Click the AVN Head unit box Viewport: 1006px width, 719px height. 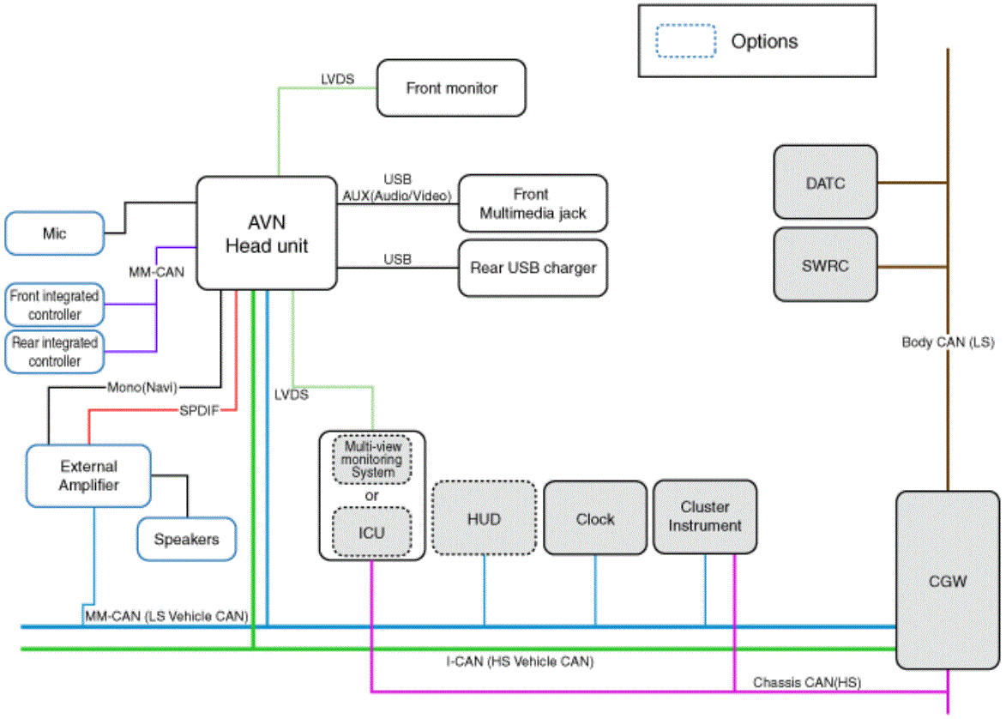(266, 233)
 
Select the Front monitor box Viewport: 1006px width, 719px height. (451, 88)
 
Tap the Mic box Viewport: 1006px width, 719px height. (55, 233)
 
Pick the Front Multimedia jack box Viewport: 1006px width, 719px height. (533, 203)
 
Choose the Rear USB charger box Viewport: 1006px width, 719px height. (533, 268)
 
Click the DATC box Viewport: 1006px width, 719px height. (825, 182)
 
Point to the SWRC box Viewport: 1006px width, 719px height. (825, 264)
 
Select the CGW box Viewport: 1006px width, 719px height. (947, 580)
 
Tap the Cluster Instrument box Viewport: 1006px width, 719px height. (704, 517)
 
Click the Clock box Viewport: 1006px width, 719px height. (594, 518)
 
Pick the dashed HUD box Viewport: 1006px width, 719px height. (484, 518)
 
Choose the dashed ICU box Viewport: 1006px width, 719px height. (371, 532)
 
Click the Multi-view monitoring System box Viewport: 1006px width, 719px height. (372, 459)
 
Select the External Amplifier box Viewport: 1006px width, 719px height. (88, 475)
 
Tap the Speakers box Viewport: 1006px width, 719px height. (186, 539)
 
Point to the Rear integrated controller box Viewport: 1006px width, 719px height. (55, 352)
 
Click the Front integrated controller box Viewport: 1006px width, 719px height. (55, 305)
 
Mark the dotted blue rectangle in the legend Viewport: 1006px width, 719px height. (685, 41)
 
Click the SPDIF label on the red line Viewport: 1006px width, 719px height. (199, 410)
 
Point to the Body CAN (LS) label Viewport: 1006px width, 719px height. (948, 342)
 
